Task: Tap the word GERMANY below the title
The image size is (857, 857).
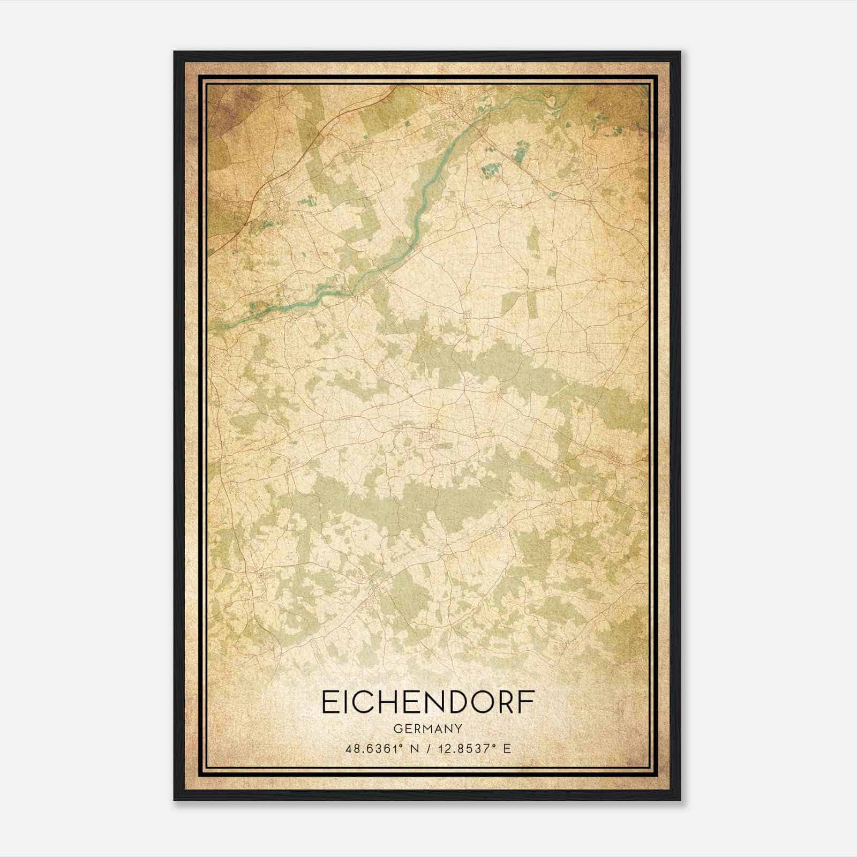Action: [427, 729]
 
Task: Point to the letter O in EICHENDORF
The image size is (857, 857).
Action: [481, 702]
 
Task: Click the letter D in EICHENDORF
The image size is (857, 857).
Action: [456, 702]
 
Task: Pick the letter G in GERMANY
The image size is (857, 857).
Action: [397, 729]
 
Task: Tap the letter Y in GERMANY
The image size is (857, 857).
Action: [458, 729]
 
